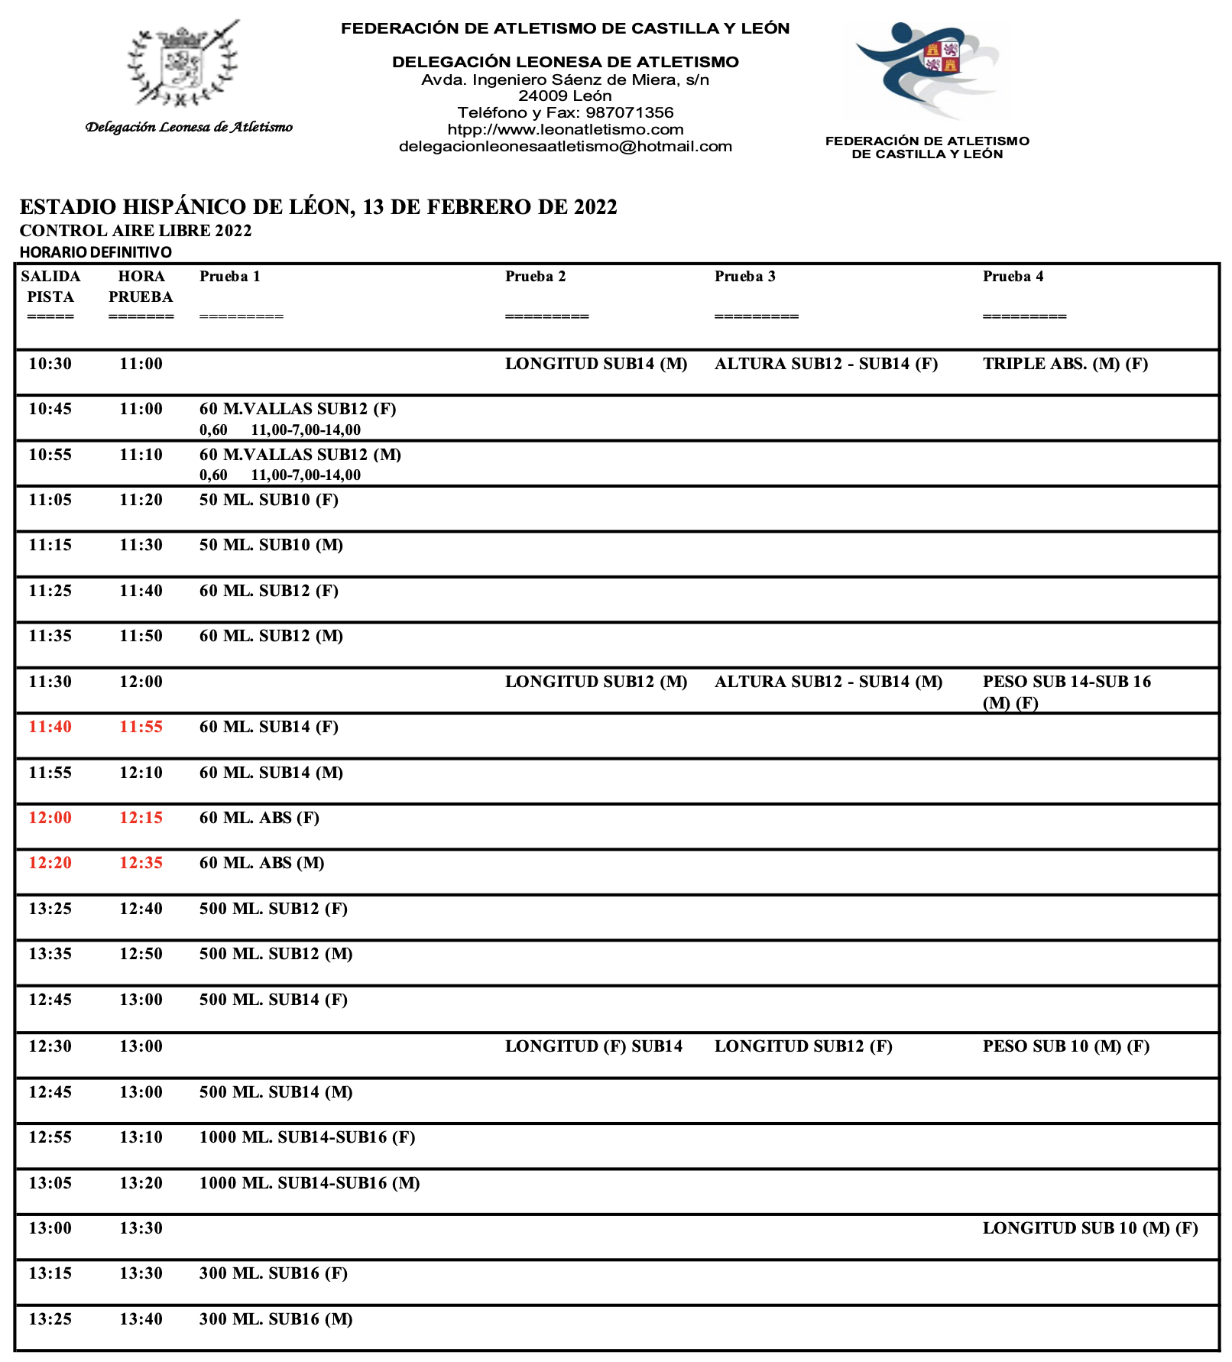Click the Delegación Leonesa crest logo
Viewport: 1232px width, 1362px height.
(183, 64)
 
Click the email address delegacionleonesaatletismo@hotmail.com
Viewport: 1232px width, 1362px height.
(566, 147)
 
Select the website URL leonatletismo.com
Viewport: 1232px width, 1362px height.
(566, 130)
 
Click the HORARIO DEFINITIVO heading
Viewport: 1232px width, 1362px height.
(96, 252)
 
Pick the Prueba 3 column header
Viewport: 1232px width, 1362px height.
(744, 277)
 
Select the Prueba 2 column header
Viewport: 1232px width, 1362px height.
(535, 277)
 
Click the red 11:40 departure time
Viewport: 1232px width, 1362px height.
(50, 727)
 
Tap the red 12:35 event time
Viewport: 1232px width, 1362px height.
(141, 863)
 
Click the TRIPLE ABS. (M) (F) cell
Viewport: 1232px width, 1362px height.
(1065, 364)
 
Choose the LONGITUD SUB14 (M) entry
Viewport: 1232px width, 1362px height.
(596, 364)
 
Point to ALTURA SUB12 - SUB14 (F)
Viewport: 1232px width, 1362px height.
(826, 364)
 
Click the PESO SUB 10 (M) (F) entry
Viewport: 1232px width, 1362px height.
(1065, 1046)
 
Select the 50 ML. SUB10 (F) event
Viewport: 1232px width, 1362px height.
(268, 500)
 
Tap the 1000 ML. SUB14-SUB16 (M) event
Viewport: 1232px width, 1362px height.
(310, 1183)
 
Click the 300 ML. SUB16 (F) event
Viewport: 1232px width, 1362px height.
(273, 1273)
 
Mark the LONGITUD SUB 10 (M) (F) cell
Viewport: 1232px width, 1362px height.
(1090, 1228)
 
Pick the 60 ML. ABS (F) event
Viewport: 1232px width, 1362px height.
(259, 818)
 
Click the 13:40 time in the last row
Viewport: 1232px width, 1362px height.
(141, 1319)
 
